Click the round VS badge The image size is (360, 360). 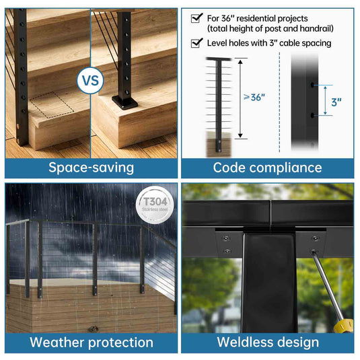click(90, 80)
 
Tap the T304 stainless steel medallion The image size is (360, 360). click(155, 205)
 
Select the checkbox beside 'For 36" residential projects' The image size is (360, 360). click(196, 18)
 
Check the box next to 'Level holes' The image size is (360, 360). click(196, 42)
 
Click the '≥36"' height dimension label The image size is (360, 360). click(254, 98)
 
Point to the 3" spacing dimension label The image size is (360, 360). click(336, 102)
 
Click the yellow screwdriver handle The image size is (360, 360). click(343, 326)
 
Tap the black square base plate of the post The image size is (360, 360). click(124, 102)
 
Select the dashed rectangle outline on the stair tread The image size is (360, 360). click(52, 105)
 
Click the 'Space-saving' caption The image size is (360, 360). click(91, 168)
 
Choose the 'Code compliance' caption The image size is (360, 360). click(267, 168)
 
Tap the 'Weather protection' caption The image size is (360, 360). click(92, 343)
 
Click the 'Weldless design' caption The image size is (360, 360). click(268, 342)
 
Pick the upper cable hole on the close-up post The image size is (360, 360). click(312, 85)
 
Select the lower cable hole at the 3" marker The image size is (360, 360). click(312, 115)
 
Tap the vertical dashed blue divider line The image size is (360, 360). click(279, 102)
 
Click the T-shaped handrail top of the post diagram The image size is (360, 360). click(218, 59)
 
